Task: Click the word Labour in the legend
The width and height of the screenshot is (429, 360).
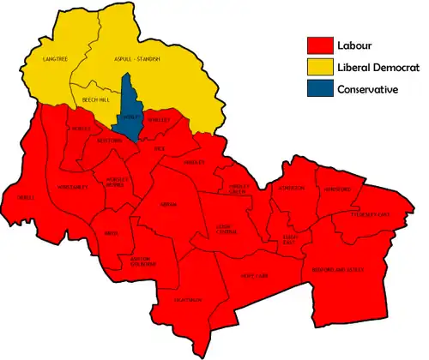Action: [355, 45]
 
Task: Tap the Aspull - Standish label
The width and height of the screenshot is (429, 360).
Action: [137, 58]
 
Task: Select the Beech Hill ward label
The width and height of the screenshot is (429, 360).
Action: [94, 100]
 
